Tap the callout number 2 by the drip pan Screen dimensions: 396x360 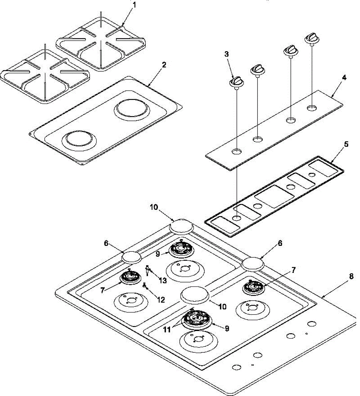164,65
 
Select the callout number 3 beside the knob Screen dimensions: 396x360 227,54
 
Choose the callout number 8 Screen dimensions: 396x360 351,277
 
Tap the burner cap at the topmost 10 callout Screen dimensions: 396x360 181,227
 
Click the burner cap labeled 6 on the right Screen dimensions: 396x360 253,264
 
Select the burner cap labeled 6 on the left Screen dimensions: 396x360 132,256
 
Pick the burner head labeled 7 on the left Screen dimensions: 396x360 129,277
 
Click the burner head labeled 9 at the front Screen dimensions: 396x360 197,318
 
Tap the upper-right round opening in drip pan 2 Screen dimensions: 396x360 131,110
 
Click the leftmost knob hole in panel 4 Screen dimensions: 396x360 236,152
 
